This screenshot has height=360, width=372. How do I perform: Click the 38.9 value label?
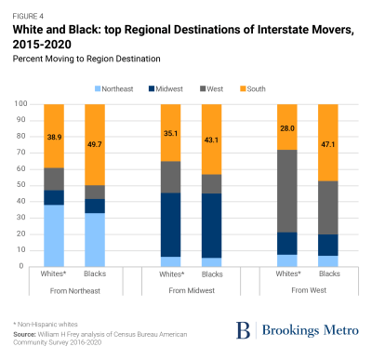55,136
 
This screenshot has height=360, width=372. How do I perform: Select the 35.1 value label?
172,133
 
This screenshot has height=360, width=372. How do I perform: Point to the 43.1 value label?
212,140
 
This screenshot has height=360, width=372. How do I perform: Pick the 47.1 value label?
329,142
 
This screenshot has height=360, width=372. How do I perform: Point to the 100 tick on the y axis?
19,103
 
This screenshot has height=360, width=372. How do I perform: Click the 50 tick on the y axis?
20,185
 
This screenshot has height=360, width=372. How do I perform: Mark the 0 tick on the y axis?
23,266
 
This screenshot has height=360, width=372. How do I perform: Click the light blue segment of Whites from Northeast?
55,235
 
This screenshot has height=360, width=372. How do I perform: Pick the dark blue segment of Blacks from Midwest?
212,225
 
